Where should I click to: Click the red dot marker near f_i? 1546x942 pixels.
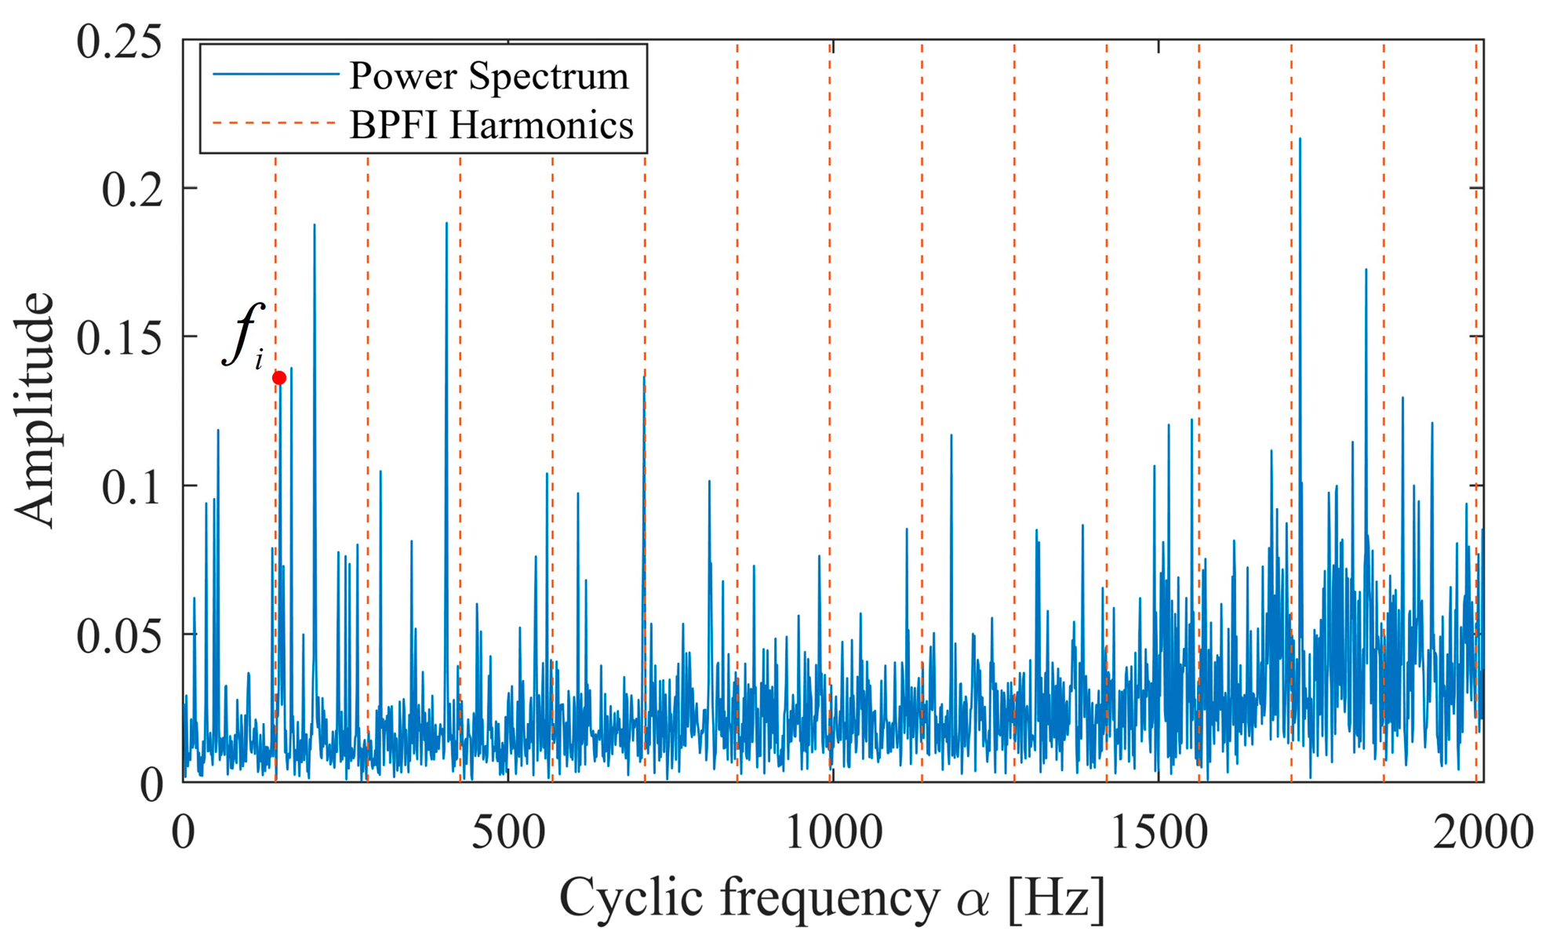coord(278,378)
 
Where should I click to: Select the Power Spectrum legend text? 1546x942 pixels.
coord(489,76)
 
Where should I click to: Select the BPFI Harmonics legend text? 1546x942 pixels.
coord(491,125)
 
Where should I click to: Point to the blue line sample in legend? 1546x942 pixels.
coord(275,75)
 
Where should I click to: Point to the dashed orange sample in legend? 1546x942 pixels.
coord(275,123)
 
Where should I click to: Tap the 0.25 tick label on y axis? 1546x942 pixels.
coord(119,41)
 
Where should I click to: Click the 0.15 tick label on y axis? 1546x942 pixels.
coord(119,338)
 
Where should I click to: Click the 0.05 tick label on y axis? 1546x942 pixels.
coord(119,635)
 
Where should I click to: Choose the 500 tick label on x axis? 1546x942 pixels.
coord(507,833)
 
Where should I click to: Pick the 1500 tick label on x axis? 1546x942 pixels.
coord(1159,833)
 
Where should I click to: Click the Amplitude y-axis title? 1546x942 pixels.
coord(36,409)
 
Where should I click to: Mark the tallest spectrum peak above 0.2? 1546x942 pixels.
coord(1300,140)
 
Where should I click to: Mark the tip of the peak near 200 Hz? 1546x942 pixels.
coord(315,225)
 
